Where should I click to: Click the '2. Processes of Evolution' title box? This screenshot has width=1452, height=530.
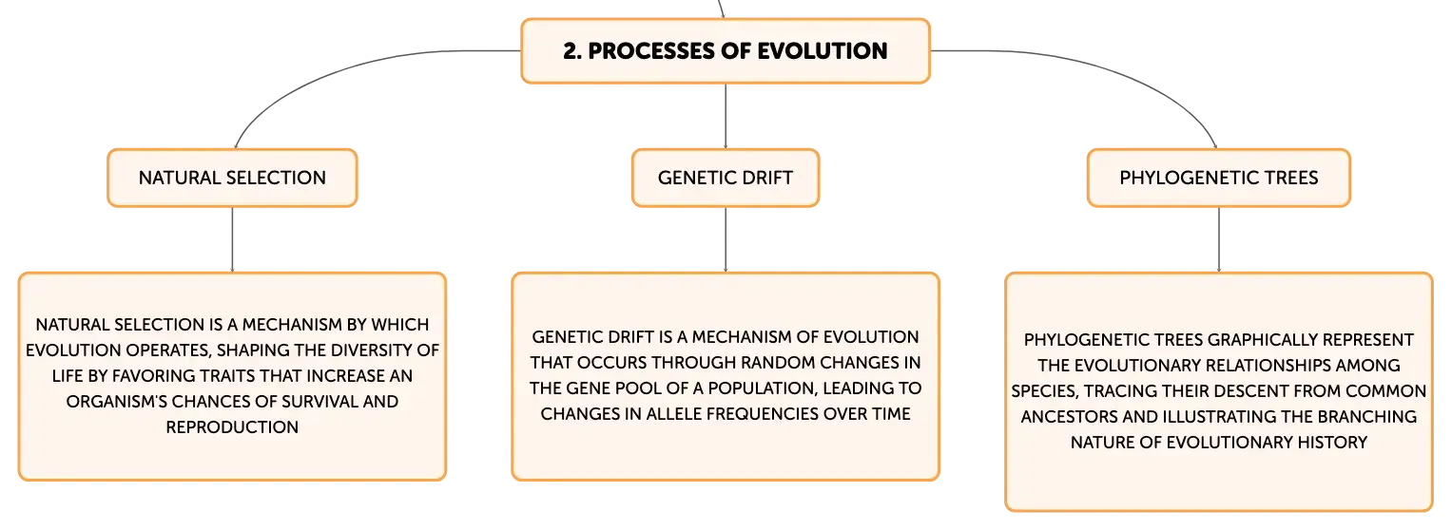click(726, 50)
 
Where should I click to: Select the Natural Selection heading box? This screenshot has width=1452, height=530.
click(232, 178)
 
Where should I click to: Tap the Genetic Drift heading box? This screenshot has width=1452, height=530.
click(726, 178)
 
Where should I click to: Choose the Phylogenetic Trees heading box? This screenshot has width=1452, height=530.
click(1219, 178)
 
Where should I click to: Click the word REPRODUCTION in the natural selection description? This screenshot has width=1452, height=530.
click(232, 427)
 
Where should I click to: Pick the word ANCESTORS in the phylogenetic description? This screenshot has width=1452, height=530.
click(1069, 417)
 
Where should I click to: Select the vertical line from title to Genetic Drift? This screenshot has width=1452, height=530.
click(726, 116)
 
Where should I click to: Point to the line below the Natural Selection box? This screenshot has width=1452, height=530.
click(232, 239)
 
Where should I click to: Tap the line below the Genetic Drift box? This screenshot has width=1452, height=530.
click(726, 239)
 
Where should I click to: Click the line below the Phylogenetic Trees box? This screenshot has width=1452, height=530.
click(1219, 239)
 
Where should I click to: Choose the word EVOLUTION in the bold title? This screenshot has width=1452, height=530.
click(823, 51)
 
